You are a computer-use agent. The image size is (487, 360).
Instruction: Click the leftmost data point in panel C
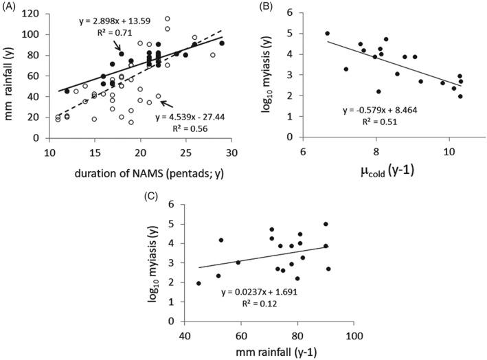coord(199,283)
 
